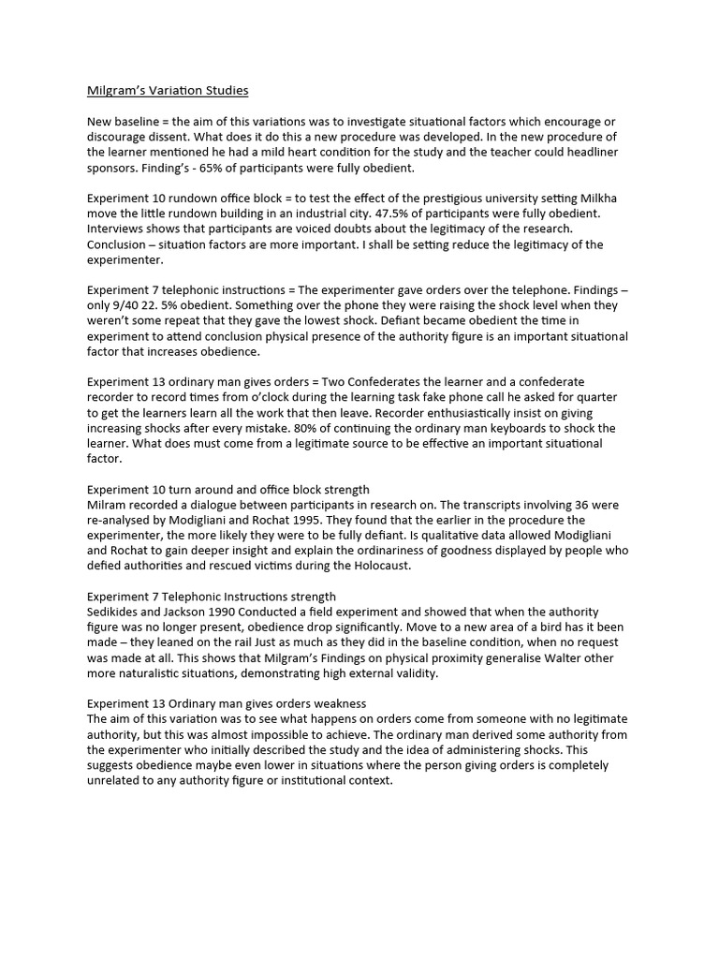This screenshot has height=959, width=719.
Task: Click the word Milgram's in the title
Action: pyautogui.click(x=115, y=91)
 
